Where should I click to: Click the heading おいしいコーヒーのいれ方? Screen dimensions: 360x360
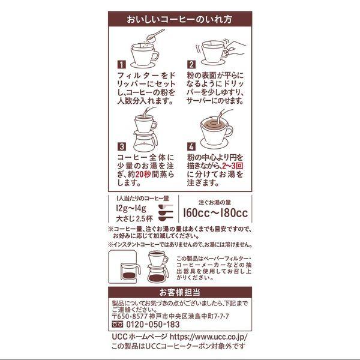179,19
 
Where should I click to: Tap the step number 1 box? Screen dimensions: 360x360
121,65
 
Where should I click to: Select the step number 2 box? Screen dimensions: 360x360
191,65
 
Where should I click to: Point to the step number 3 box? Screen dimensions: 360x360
121,146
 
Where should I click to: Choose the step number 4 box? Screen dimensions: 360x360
191,146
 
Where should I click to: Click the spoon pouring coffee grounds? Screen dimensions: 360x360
155,35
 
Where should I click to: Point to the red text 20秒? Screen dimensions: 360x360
143,175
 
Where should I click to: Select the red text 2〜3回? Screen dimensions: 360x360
232,166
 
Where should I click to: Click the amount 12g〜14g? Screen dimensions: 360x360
131,208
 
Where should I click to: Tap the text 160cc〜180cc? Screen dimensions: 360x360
215,213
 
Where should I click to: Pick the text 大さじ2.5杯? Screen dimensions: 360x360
134,219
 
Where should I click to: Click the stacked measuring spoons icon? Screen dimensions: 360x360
166,213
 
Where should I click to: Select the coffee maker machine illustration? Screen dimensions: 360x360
125,267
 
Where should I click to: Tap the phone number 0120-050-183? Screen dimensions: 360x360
153,325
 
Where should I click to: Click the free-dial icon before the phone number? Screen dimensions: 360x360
118,324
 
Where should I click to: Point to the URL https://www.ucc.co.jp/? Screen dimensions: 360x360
209,337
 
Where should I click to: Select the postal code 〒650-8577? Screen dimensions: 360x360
130,316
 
